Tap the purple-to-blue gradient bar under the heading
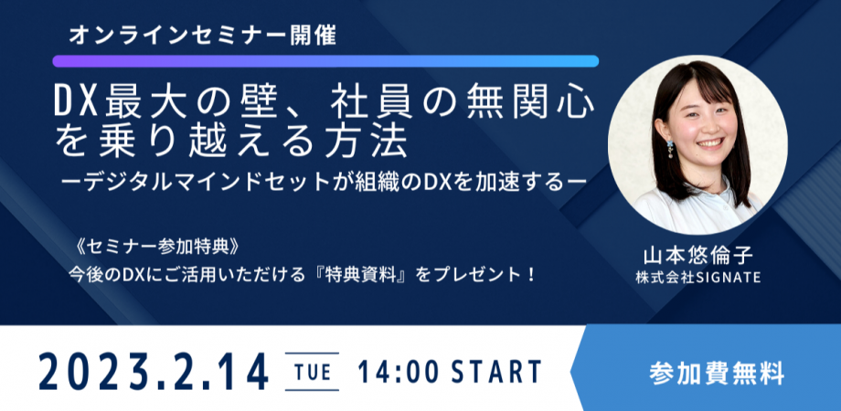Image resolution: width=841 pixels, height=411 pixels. [325, 61]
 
